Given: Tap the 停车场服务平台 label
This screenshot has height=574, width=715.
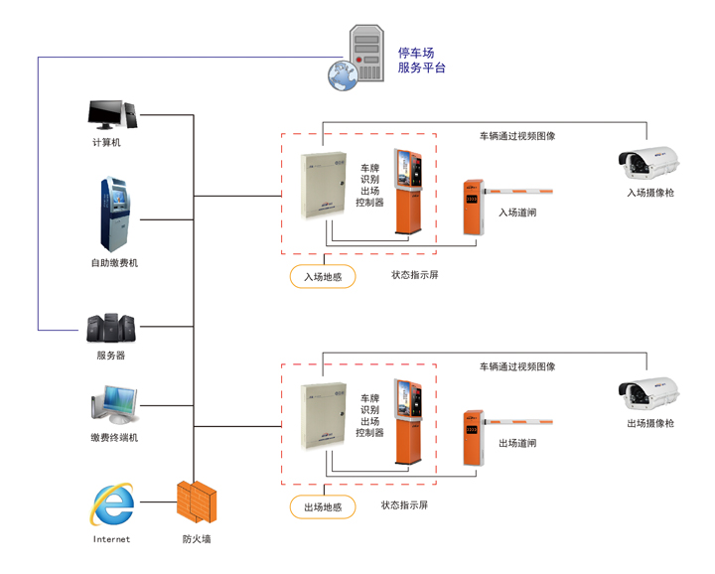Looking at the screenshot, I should click(421, 61).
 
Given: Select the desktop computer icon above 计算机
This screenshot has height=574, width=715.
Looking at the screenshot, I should click(113, 113).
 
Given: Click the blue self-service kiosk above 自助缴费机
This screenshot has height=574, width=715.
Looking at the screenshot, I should click(114, 215).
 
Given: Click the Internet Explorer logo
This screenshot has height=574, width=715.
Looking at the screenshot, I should click(111, 504).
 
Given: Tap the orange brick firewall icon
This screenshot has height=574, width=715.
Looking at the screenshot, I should click(196, 502).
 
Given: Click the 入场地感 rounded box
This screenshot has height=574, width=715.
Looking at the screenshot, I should click(323, 277).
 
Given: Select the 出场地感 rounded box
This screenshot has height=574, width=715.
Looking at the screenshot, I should click(323, 507).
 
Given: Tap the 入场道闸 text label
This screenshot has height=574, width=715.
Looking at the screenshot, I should click(517, 212).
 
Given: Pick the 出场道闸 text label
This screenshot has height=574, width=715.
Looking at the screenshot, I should click(517, 443).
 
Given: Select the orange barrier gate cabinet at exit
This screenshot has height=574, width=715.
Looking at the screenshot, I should click(473, 438).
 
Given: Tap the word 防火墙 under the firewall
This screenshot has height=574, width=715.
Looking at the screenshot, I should click(197, 539).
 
